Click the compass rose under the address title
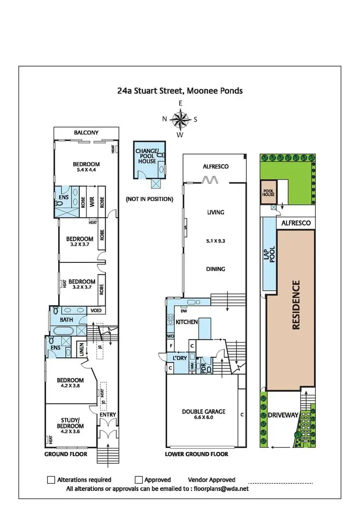[180, 119]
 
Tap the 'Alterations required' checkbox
[51, 479]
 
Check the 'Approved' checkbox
[138, 479]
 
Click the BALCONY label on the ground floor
[86, 133]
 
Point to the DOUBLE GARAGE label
[204, 411]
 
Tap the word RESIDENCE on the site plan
[296, 305]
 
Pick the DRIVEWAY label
[282, 414]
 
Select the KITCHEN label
[187, 322]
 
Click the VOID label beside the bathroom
[96, 310]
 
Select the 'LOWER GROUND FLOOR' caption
[196, 454]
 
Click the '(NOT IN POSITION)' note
[149, 199]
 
